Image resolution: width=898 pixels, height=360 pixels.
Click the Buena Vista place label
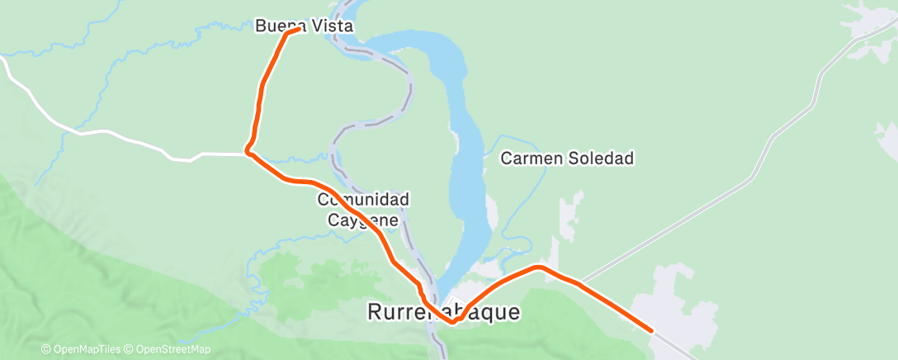[304, 26]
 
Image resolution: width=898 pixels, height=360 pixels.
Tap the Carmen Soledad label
[568, 158]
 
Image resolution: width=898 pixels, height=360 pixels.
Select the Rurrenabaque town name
[444, 312]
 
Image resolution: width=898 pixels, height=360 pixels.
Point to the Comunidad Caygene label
[364, 210]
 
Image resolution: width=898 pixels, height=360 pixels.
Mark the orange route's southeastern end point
[652, 330]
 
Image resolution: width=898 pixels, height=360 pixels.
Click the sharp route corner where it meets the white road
[248, 152]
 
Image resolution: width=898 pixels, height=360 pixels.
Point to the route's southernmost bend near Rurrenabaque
[452, 323]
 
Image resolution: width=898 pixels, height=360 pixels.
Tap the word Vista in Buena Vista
[332, 26]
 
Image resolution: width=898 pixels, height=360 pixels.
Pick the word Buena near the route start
[277, 26]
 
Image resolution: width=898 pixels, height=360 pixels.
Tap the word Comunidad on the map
[364, 201]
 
